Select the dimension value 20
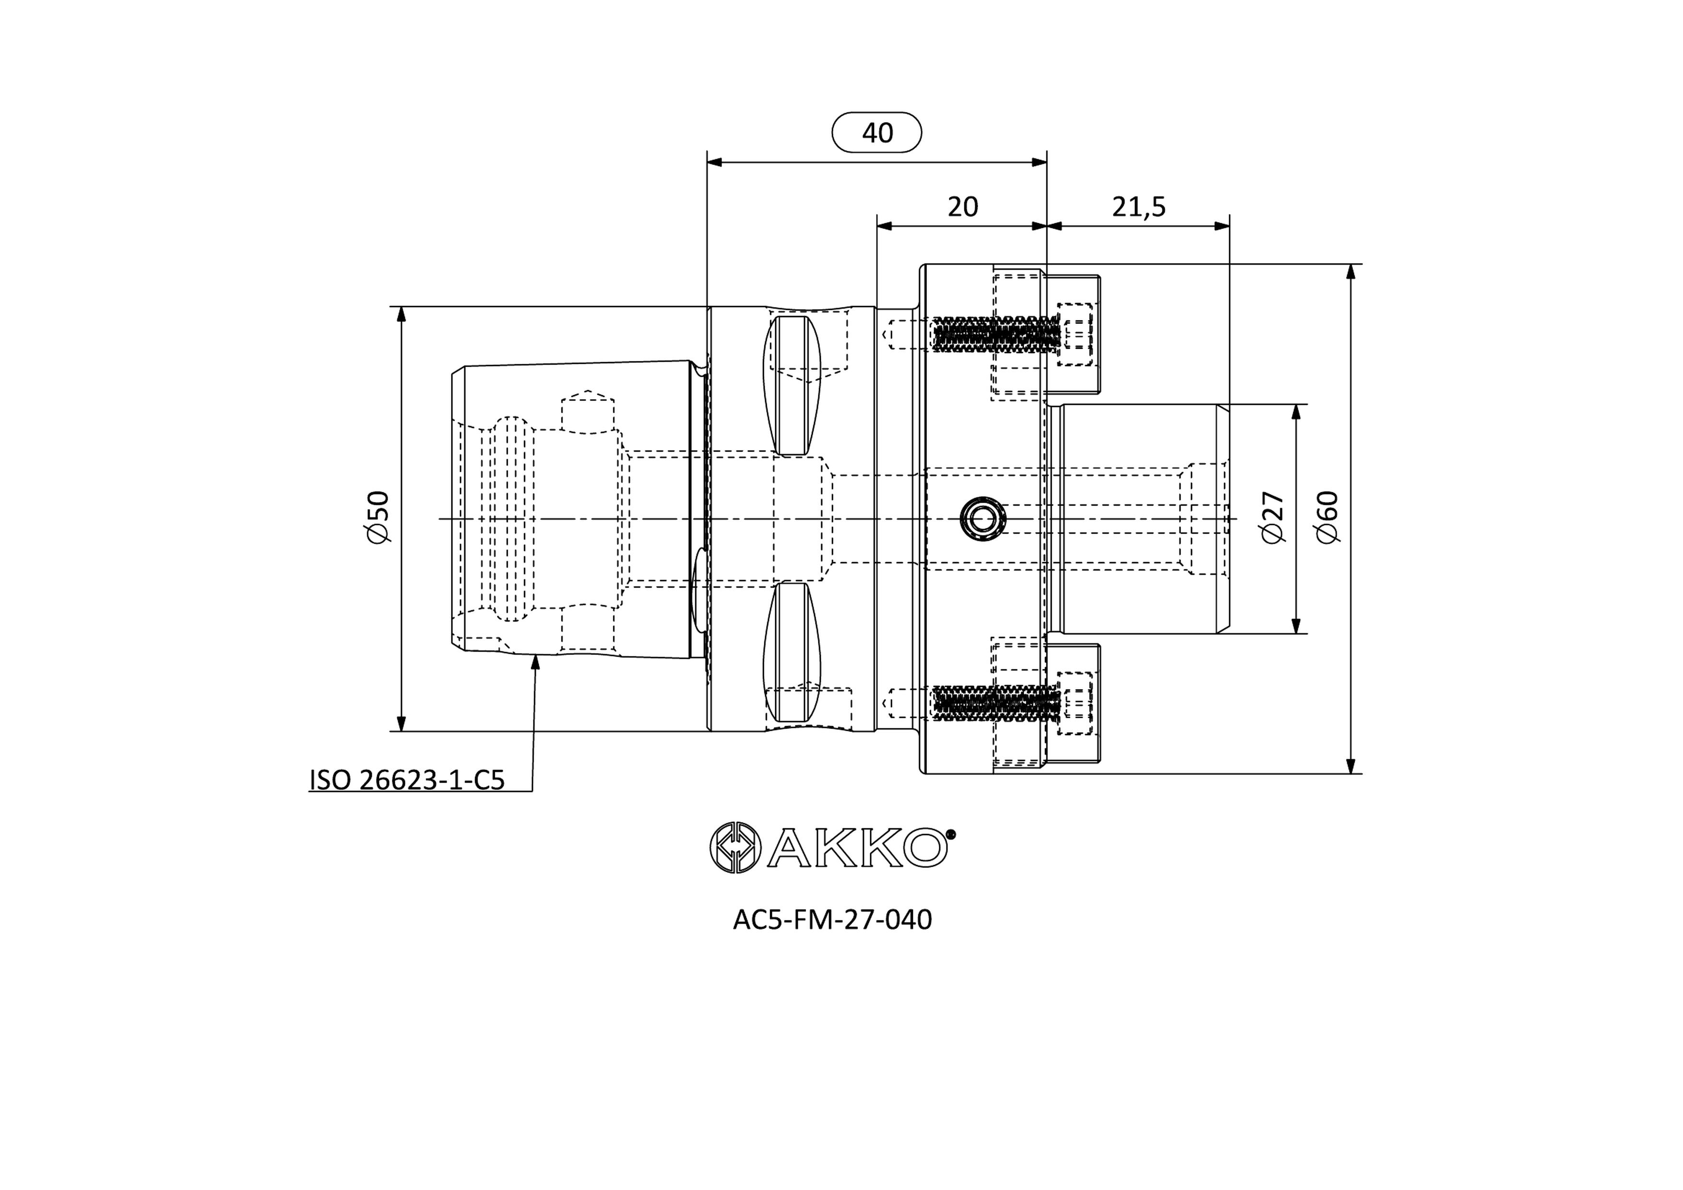pos(962,207)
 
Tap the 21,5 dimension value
pos(1138,207)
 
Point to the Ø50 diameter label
pos(379,517)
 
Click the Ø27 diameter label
pos(1273,517)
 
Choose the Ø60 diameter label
pos(1327,517)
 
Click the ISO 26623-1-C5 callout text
pos(407,780)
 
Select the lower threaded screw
pos(996,702)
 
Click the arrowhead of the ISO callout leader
pos(535,663)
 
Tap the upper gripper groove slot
pos(793,385)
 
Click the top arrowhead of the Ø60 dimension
pos(1351,272)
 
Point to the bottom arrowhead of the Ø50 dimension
pos(401,723)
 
